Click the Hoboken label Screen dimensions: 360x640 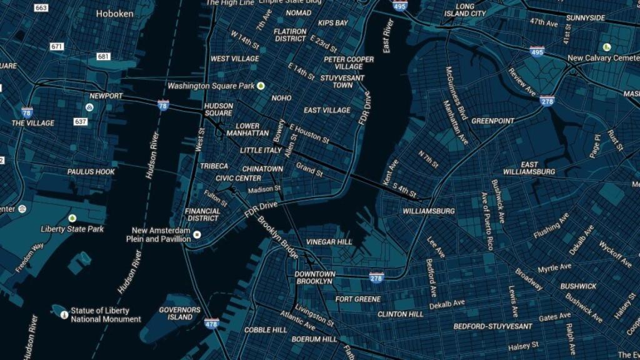point(115,12)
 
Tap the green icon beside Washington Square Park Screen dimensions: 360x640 point(261,86)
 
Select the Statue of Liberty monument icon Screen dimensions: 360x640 point(63,314)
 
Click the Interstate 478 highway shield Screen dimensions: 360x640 point(211,323)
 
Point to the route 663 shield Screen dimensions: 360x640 point(41,8)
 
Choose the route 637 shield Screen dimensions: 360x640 point(81,121)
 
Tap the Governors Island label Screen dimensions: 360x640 point(179,313)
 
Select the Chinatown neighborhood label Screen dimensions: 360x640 point(262,169)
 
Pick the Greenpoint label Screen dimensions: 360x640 point(492,121)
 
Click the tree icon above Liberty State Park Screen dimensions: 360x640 point(72,218)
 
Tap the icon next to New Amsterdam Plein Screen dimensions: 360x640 point(196,235)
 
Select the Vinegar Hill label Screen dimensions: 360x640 point(329,242)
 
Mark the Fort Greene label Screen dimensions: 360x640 point(357,299)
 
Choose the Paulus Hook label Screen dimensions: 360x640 point(91,171)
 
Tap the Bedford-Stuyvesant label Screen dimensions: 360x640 point(492,326)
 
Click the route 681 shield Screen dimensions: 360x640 point(103,56)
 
